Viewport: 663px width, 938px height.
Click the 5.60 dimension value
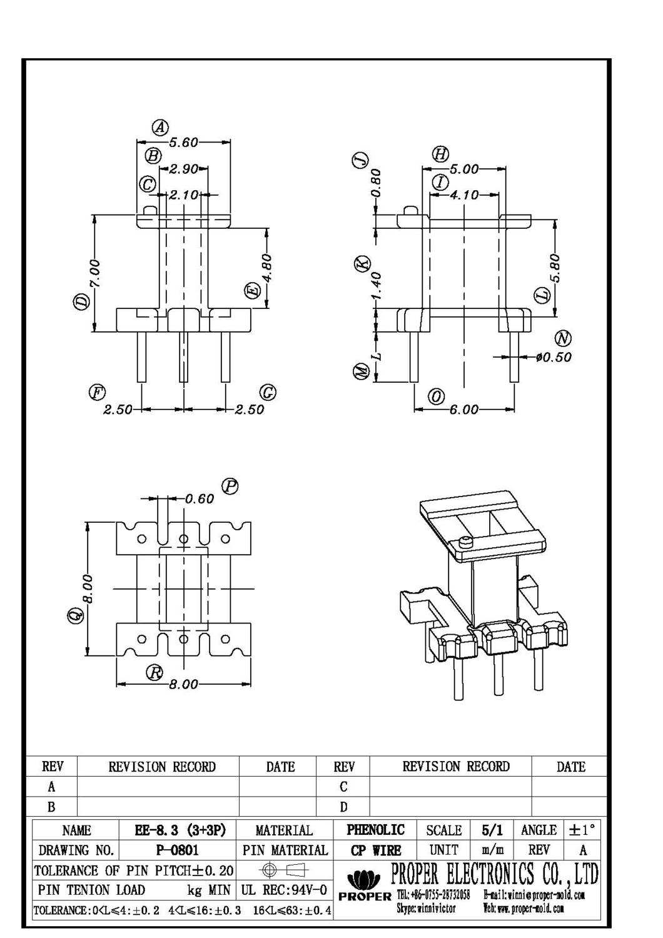coord(184,143)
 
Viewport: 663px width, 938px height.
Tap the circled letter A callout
coord(161,128)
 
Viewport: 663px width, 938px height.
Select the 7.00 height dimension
coord(94,274)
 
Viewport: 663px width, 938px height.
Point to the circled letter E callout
coord(252,291)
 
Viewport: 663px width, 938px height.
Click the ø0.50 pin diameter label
coord(554,357)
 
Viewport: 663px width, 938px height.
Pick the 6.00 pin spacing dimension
coord(463,410)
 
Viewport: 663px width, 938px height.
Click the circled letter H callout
coord(440,154)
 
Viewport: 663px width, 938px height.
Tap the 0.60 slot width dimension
coord(200,498)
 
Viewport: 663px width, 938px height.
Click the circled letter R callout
coord(154,673)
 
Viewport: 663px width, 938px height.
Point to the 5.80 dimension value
coord(555,268)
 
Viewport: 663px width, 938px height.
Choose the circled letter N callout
coord(564,339)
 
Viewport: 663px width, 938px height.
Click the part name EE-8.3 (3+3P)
coord(180,830)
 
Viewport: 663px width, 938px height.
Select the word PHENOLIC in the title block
coord(376,830)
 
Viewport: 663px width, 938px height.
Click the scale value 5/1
coord(492,830)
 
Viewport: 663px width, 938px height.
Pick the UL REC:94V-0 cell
coord(284,890)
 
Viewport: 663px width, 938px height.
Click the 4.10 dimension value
coord(463,195)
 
